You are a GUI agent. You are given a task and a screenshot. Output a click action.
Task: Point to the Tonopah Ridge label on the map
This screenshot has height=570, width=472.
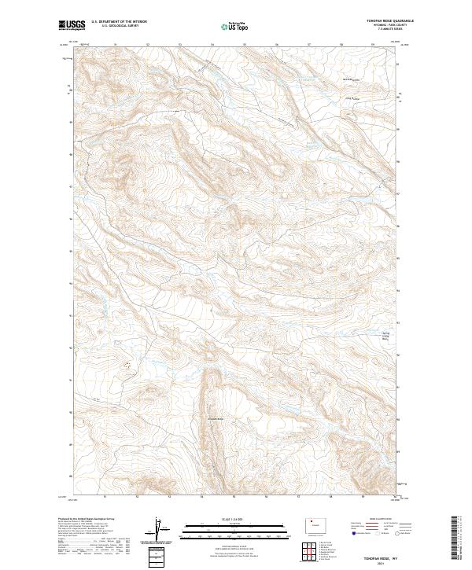pyautogui.click(x=216, y=417)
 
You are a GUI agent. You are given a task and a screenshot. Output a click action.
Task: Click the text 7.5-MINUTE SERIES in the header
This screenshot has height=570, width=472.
pyautogui.click(x=383, y=31)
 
